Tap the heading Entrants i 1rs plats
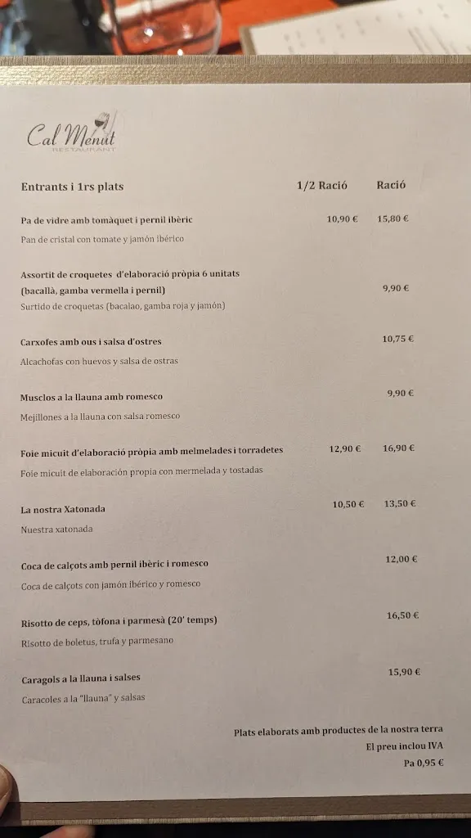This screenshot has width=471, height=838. click(72, 187)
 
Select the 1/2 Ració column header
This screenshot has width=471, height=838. click(321, 185)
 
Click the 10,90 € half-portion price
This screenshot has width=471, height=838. click(343, 219)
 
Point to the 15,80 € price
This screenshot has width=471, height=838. click(392, 219)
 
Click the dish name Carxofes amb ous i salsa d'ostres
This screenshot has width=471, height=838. click(91, 341)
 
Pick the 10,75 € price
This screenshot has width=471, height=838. click(397, 339)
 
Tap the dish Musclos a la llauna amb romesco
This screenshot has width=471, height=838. click(92, 397)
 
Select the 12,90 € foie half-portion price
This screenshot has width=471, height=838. click(345, 448)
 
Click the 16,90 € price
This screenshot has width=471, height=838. click(399, 448)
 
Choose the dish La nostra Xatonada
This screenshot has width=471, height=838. click(63, 509)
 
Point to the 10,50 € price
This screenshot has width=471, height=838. click(348, 504)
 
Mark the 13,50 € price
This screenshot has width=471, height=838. click(401, 503)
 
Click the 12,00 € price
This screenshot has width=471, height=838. click(401, 559)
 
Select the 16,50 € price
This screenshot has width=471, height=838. click(403, 615)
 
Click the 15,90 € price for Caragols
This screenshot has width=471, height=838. click(404, 672)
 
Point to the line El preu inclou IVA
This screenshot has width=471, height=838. click(404, 746)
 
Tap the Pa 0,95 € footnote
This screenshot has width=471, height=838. click(424, 763)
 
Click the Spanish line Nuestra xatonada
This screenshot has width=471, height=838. click(56, 529)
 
